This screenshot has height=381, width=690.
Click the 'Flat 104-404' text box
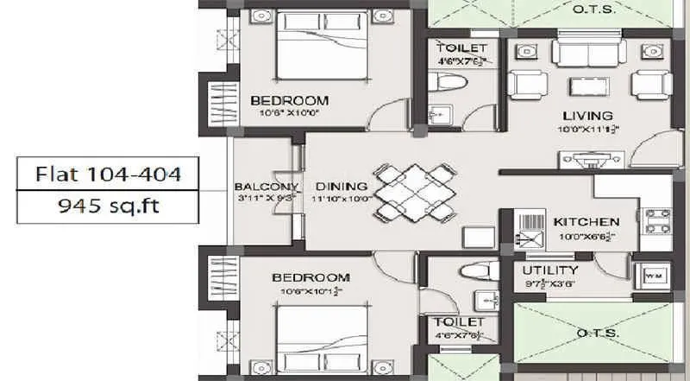tap(108, 175)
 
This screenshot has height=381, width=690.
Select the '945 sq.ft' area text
tap(108, 207)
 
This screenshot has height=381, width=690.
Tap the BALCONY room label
tap(266, 187)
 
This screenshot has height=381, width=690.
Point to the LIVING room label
tap(587, 116)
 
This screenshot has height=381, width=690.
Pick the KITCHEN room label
tap(586, 221)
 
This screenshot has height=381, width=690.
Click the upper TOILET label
tap(461, 47)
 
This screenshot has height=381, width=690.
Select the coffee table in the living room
tap(590, 86)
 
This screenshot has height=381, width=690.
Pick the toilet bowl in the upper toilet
tap(449, 84)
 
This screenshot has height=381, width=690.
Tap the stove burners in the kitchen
tap(657, 219)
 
